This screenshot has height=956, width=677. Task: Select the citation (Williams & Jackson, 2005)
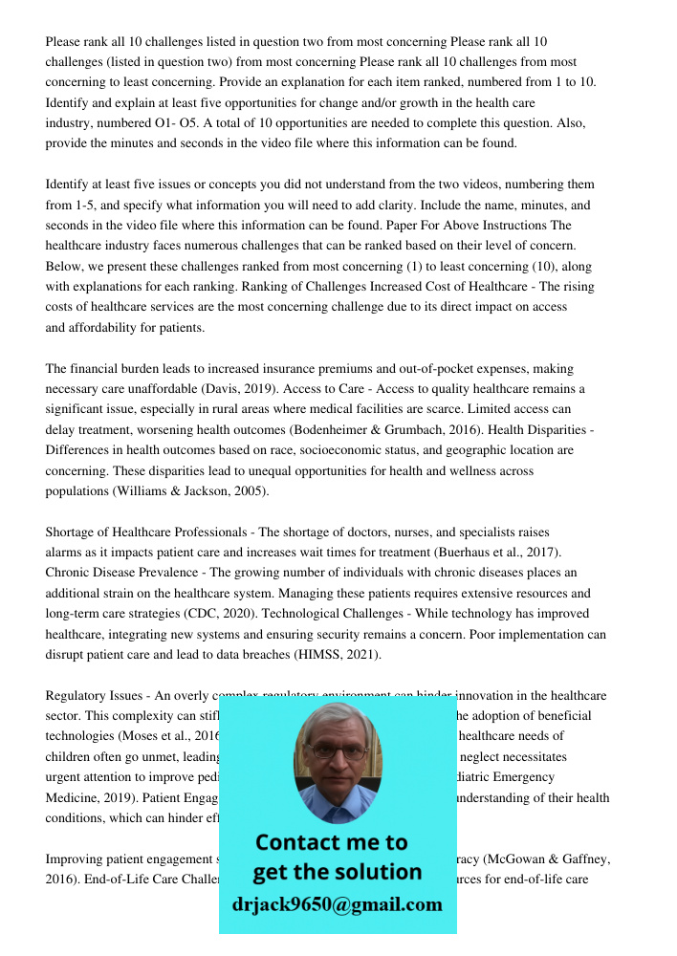pos(190,490)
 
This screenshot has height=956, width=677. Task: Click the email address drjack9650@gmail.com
pos(337,904)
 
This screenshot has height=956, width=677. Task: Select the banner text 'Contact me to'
pos(331,842)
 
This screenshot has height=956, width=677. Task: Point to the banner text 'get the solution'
pos(337,872)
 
